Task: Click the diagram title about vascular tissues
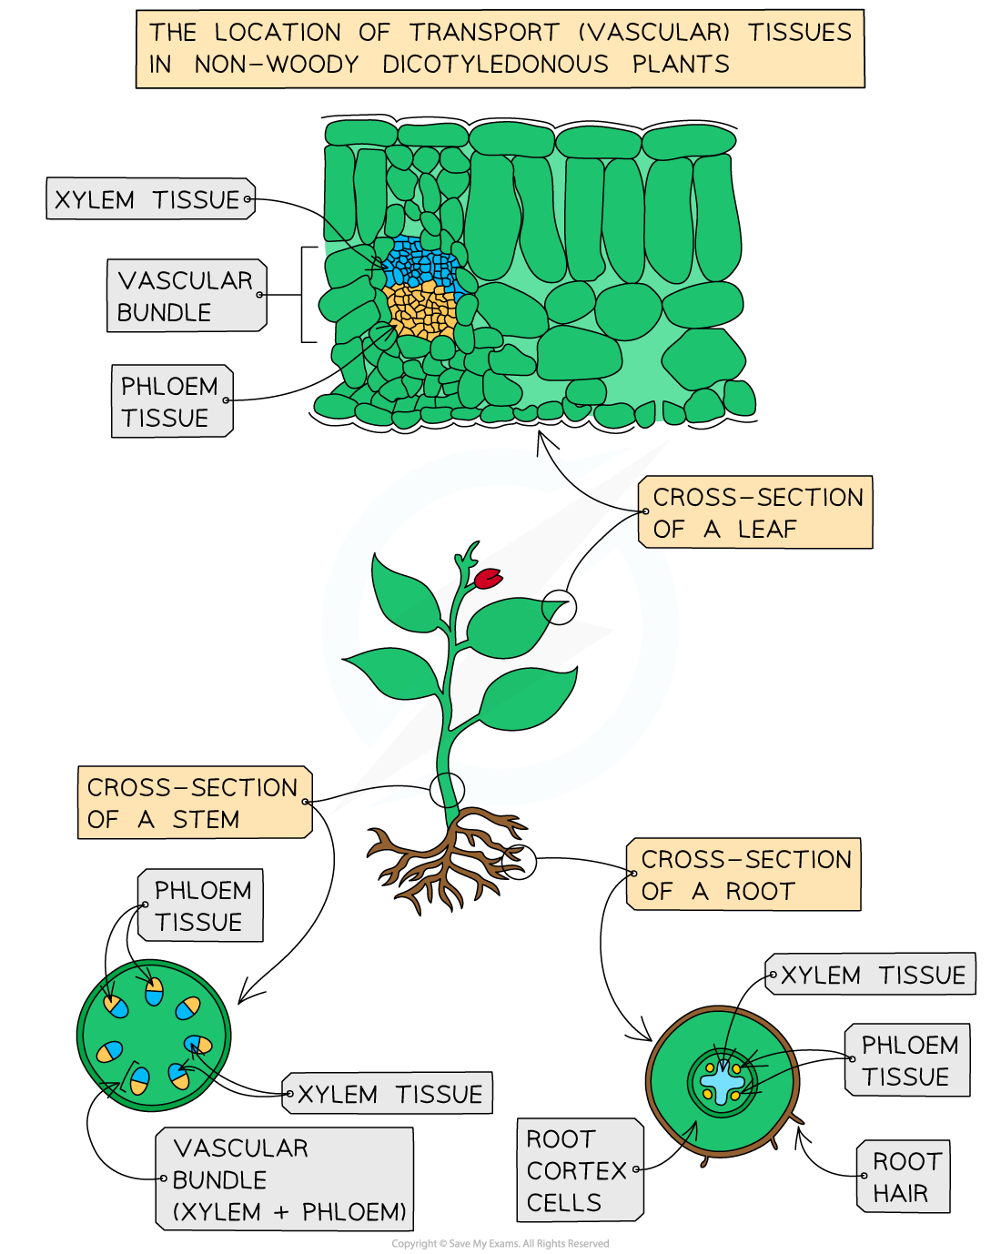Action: [x=500, y=48]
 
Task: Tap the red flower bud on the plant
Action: [x=488, y=578]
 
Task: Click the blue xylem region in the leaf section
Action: [x=420, y=265]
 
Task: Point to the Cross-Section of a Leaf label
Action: [x=756, y=512]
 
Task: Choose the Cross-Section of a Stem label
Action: [x=195, y=803]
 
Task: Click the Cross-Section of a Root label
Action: [x=743, y=875]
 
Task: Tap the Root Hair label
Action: [x=903, y=1177]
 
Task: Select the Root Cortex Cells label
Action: [x=580, y=1170]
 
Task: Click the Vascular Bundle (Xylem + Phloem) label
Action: [x=285, y=1179]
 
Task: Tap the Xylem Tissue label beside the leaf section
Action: [x=150, y=199]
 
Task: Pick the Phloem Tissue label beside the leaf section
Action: [x=171, y=401]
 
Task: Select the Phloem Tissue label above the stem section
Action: [x=200, y=905]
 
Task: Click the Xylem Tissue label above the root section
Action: [x=871, y=975]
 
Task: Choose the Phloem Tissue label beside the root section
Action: [x=907, y=1060]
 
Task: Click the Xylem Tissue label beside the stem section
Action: [x=388, y=1094]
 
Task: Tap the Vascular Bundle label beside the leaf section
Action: [x=187, y=296]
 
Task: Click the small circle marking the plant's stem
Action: [x=447, y=788]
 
